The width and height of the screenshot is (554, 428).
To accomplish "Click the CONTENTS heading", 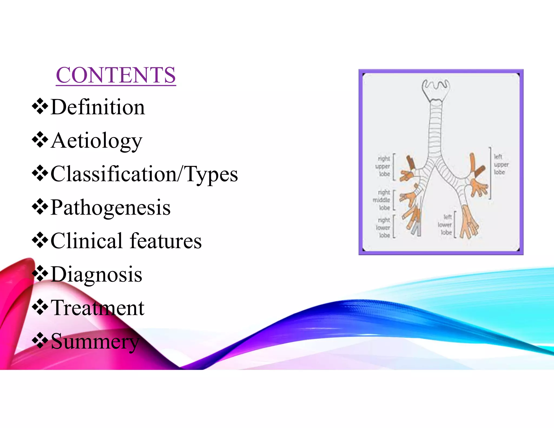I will coord(116,75).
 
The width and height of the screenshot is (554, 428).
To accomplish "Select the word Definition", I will coord(98,107).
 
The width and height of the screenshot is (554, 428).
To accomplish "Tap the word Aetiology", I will coord(96,141).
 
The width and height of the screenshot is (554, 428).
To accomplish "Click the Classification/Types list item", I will coord(144,174).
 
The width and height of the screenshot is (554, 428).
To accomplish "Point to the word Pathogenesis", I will coord(110,208).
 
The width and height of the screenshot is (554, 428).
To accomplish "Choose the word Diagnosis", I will coord(96,274).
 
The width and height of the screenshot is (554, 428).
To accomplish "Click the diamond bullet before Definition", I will coord(40,107).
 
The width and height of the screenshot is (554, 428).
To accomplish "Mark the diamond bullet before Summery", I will coord(40,341).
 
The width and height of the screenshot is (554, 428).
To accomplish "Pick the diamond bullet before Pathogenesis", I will coord(40,207).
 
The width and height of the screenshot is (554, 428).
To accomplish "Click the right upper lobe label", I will coord(383,166).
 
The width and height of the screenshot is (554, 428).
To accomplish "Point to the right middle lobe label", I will coord(382,200).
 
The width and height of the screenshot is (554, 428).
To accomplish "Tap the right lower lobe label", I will coord(383,228).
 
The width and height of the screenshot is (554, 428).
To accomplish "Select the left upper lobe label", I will coord(501,164).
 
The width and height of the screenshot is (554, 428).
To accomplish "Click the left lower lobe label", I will coord(445,225).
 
